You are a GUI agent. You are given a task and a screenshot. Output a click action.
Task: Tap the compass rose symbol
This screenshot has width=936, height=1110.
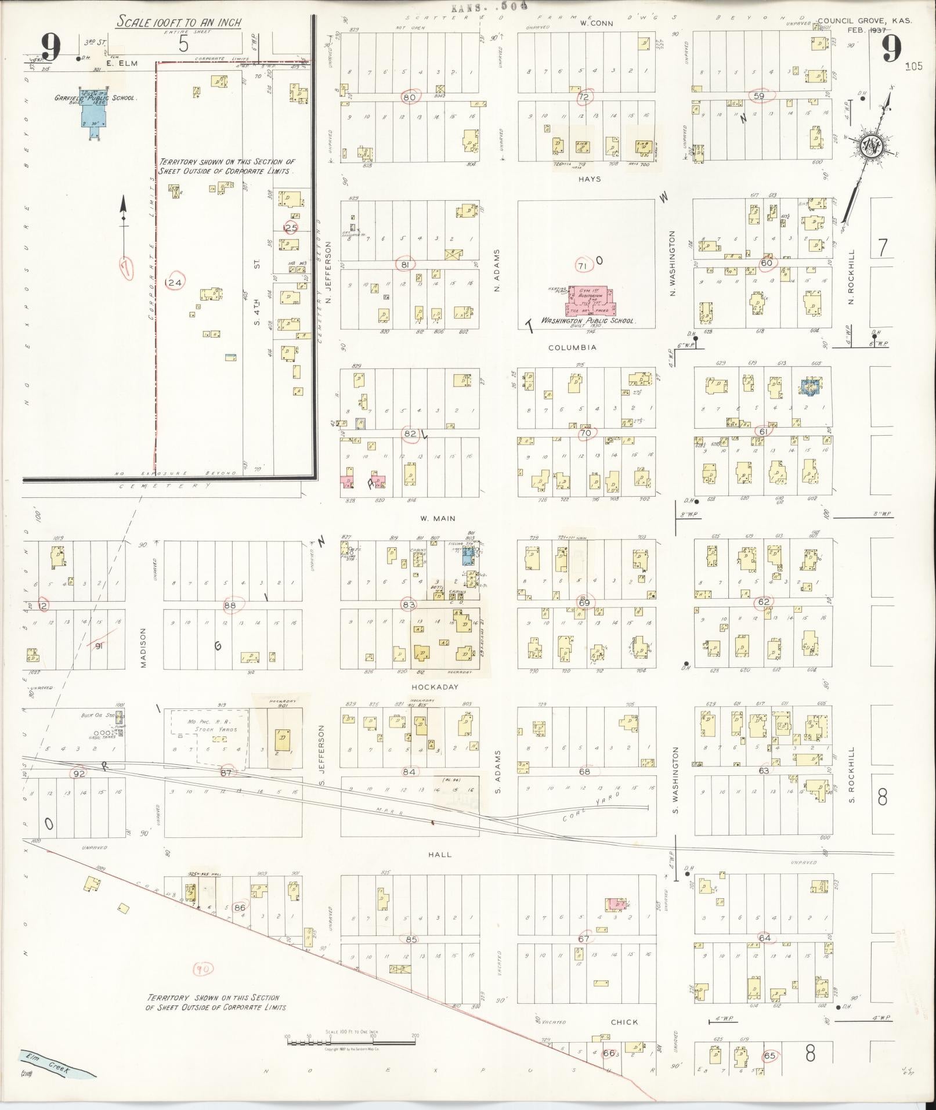coord(871,144)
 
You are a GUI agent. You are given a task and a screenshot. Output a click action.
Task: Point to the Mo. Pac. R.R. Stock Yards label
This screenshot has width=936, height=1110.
coord(212,725)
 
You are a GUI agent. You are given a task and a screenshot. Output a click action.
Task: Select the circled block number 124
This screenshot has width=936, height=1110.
coord(174,283)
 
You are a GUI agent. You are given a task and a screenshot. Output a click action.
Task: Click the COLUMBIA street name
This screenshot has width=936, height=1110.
coord(572,348)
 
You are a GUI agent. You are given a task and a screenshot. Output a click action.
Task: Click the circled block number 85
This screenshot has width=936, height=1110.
coord(411,939)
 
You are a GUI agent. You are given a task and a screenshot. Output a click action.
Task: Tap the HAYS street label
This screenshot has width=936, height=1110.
coord(588,179)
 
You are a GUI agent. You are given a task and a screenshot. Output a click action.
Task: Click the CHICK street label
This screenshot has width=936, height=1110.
coord(624,1022)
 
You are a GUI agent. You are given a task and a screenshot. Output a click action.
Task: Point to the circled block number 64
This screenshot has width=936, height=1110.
coord(764,938)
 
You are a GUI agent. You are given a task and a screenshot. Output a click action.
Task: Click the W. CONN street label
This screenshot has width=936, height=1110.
coord(592,24)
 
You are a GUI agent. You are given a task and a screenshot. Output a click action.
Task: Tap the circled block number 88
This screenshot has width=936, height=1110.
coord(230,605)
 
